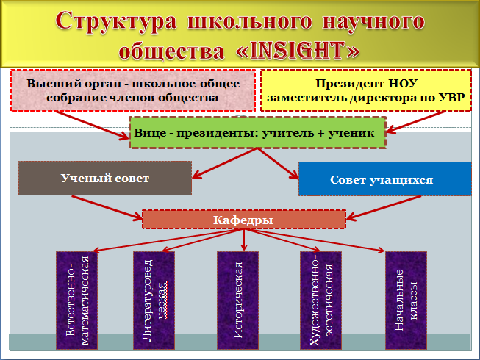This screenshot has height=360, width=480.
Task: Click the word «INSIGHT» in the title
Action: point(297,51)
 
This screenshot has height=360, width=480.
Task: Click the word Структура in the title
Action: point(116,21)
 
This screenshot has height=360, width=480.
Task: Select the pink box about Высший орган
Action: point(133,90)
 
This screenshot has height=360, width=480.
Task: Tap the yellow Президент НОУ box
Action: point(366,90)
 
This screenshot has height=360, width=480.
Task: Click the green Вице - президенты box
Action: point(257,132)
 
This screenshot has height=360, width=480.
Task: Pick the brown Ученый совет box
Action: point(105,178)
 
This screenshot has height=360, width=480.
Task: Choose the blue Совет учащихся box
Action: point(385,179)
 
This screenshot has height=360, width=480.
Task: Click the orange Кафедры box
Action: point(244,219)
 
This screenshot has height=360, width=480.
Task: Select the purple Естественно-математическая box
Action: point(77,300)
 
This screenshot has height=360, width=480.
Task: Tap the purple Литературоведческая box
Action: point(154,300)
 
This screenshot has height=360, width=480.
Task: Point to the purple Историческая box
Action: point(238,300)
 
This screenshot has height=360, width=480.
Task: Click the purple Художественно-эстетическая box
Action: point(320,300)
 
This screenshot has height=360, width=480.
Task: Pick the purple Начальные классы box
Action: point(406,300)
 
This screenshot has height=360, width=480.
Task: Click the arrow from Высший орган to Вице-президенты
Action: point(93,125)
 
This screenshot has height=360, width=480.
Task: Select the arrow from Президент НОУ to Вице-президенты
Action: point(415,122)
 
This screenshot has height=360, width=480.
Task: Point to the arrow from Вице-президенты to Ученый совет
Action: point(224,163)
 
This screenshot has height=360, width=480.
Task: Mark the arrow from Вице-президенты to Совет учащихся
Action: point(278,164)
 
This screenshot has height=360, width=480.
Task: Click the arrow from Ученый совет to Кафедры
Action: point(107,208)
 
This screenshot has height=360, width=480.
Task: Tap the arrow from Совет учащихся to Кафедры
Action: point(384,208)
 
